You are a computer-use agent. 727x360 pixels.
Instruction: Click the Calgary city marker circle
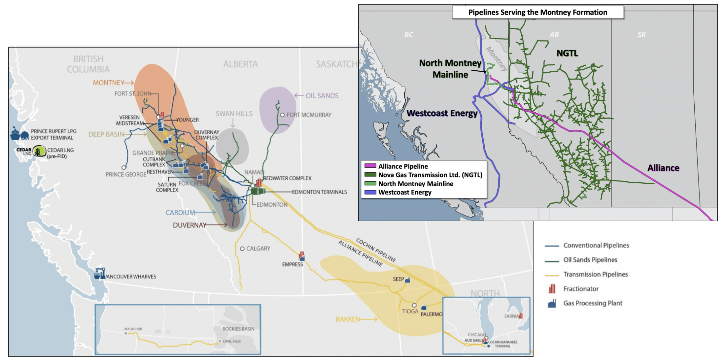[242, 249]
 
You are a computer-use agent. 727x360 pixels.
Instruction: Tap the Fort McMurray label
[309, 115]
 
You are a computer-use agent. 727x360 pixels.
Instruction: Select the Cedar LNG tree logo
[39, 152]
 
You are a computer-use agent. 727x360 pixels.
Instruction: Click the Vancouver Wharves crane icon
[99, 274]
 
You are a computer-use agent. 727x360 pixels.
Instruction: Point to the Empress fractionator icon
[301, 256]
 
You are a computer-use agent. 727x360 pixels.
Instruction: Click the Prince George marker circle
[124, 168]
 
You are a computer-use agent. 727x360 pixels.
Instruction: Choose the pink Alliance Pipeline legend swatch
[370, 166]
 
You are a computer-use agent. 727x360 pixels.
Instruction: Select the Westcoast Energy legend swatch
[370, 192]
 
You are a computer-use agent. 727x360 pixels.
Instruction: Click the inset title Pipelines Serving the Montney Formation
[537, 13]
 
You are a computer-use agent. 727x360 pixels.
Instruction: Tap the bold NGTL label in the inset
[567, 53]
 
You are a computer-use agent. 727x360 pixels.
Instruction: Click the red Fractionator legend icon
[552, 289]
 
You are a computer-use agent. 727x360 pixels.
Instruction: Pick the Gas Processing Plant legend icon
[552, 304]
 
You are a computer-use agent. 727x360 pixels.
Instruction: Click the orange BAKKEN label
[348, 319]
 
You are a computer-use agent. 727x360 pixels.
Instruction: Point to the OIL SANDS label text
[322, 96]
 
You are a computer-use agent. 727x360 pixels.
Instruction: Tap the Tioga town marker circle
[414, 305]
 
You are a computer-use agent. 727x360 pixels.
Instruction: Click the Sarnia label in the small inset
[511, 316]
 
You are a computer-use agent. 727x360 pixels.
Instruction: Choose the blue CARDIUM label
[180, 213]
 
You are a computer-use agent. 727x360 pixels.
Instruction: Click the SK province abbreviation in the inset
[641, 35]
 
